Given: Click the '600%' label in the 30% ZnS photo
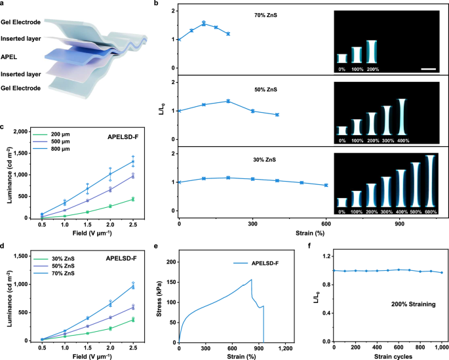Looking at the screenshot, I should pyautogui.click(x=431, y=212).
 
